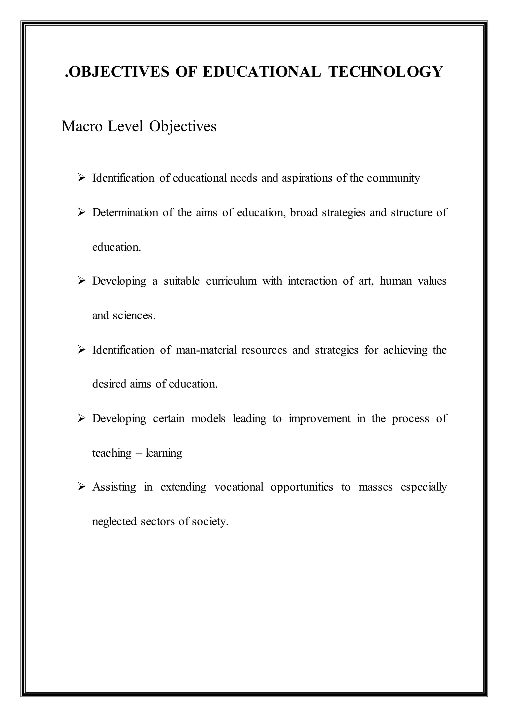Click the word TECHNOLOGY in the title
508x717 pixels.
385,72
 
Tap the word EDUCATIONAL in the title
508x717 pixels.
261,72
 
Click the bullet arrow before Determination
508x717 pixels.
82,213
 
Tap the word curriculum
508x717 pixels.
231,281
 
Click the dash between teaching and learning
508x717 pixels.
139,453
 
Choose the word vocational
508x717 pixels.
239,487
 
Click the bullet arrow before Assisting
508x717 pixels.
82,487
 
